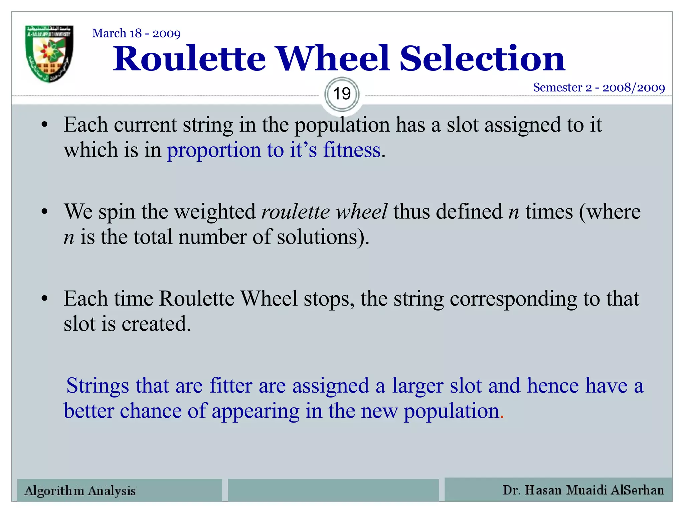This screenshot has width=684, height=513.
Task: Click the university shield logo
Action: [x=49, y=53]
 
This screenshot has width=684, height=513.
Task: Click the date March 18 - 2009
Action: [x=136, y=33]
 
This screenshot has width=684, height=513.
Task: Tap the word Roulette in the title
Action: [x=189, y=59]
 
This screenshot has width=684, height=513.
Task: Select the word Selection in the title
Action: [x=482, y=59]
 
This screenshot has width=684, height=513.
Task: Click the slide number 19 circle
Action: [x=342, y=94]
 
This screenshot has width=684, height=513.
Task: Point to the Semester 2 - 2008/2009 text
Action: [x=598, y=88]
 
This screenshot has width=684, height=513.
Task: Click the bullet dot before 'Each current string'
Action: [x=44, y=126]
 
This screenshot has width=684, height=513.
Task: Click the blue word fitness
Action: [x=351, y=150]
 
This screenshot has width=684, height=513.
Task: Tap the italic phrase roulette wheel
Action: [x=324, y=212]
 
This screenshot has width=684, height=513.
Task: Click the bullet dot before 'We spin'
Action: [x=44, y=212]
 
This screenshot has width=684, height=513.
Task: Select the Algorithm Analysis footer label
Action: [x=80, y=491]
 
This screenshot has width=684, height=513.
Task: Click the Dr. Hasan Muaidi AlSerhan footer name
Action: [x=583, y=490]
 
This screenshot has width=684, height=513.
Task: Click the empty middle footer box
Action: [x=333, y=490]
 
